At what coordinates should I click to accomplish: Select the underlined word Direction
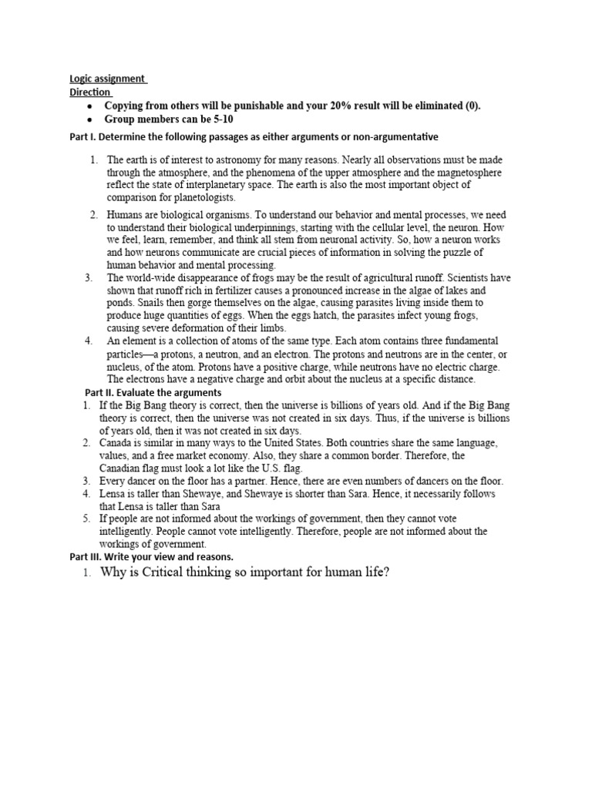[89, 92]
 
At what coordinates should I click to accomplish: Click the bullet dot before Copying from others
[89, 106]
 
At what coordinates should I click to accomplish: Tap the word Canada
[119, 443]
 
